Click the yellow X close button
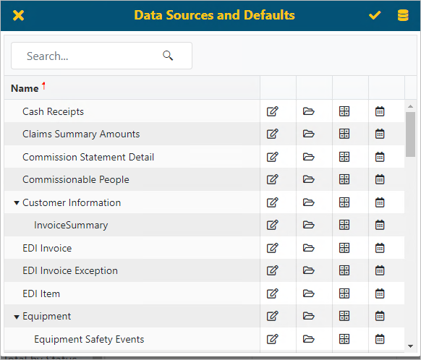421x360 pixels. tap(19, 15)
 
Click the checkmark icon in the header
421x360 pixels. tap(375, 15)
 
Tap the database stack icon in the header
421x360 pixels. tap(403, 15)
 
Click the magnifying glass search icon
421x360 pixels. tap(169, 56)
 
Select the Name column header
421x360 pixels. tap(25, 88)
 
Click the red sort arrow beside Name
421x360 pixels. tap(43, 87)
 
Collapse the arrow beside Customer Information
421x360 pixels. tap(17, 203)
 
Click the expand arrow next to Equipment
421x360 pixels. tap(17, 317)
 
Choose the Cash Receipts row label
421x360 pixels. tap(53, 111)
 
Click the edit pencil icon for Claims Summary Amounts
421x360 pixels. tap(272, 134)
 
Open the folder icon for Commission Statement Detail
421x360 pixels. tap(309, 157)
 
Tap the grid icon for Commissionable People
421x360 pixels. tap(344, 179)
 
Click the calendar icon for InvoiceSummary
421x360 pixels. tap(380, 225)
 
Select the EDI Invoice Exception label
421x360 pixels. tap(70, 270)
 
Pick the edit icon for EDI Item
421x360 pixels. tap(272, 293)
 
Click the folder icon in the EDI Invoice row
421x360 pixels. tap(309, 248)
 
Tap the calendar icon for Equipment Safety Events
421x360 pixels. tap(380, 339)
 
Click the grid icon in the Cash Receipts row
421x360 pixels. tap(344, 111)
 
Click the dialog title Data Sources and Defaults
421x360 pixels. tap(214, 15)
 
